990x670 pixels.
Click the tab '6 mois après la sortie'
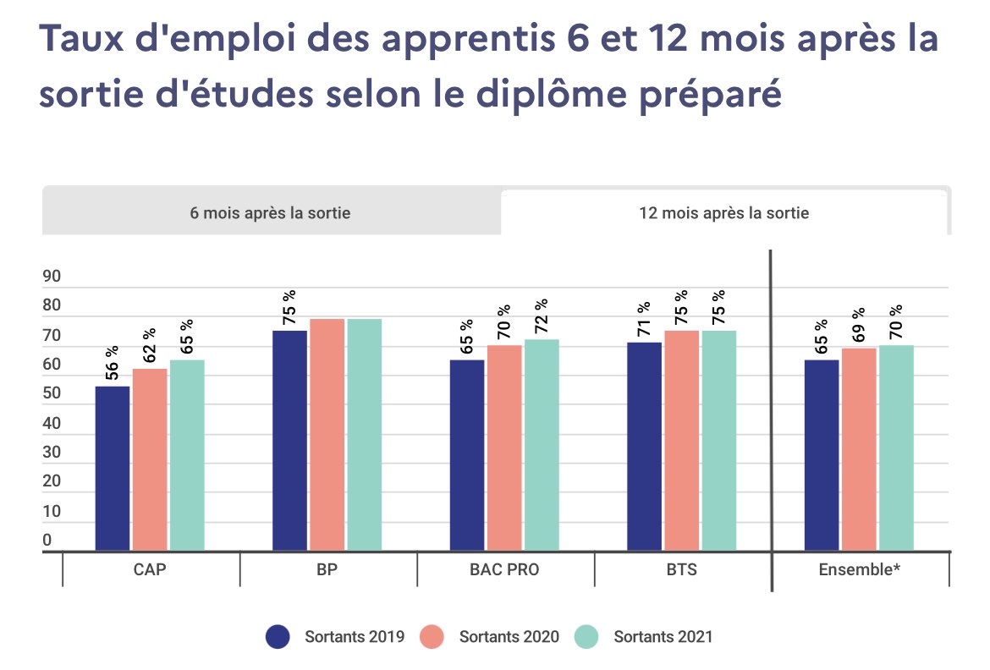pos(270,212)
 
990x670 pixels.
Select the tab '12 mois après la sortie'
pos(723,212)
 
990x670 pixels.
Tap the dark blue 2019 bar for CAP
pos(113,468)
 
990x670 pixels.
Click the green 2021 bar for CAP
pos(187,455)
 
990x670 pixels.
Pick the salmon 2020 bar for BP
pos(327,435)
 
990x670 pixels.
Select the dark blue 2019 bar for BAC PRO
pos(467,455)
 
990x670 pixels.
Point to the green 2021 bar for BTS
pos(718,440)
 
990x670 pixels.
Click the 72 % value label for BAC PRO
pos(542,316)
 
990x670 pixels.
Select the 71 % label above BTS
pos(644,320)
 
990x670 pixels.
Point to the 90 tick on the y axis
pos(52,277)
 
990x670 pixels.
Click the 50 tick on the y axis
pos(52,393)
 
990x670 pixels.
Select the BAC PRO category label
pos(504,569)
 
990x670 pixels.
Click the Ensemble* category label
pos(859,569)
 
